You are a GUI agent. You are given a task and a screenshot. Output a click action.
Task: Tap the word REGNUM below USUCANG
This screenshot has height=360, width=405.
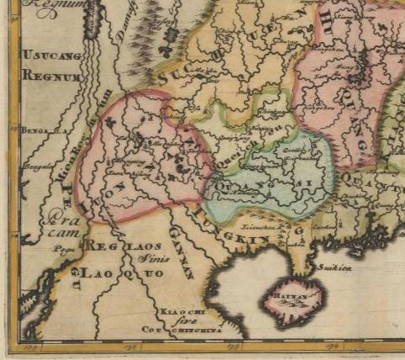click(50, 75)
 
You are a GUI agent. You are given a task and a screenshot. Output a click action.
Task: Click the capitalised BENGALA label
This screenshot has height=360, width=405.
click(38, 131)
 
